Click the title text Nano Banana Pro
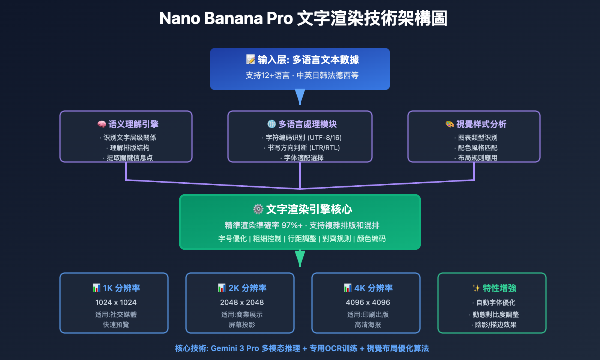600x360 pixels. coord(226,18)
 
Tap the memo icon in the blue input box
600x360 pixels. coord(250,59)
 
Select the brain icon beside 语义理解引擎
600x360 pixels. coord(102,124)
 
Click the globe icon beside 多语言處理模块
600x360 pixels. coord(271,124)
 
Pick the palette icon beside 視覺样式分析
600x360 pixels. coord(450,124)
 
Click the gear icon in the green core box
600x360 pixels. coord(258,209)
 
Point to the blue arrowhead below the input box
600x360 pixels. coord(300,96)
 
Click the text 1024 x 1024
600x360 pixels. coord(116,302)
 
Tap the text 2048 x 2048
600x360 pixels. coord(242,302)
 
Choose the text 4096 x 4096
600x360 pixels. coord(368,302)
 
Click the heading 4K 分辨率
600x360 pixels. coord(373,288)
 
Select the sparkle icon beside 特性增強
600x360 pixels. coord(476,288)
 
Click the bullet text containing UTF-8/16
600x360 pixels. coord(302,138)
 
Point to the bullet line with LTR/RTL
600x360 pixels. coord(302,148)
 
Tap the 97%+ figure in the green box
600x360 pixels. coord(292,225)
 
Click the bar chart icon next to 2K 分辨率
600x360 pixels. coord(222,288)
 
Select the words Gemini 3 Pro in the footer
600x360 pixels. coord(235,348)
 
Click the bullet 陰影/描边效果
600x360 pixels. coord(495,325)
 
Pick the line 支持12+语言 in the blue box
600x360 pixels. coord(267,75)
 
